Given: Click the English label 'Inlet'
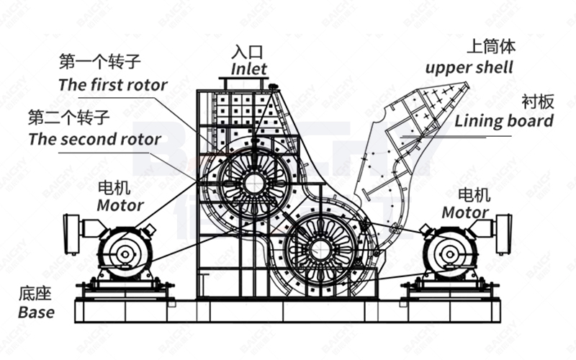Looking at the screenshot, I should pos(249,70).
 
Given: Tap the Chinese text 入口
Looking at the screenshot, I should pos(248,53).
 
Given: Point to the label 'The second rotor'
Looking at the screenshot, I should pos(94,138).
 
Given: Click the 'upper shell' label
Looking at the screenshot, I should pos(469,68).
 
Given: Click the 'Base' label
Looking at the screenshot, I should pos(36,312).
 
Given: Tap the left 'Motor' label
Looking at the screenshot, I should pos(120,205).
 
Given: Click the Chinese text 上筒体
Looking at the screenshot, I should pos(491,48).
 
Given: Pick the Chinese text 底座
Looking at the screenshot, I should pos(35,294).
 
